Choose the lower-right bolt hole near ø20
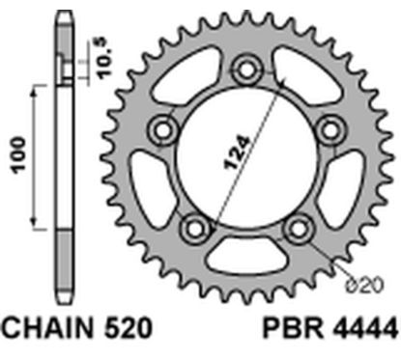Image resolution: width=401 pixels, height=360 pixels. pos(298,229)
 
